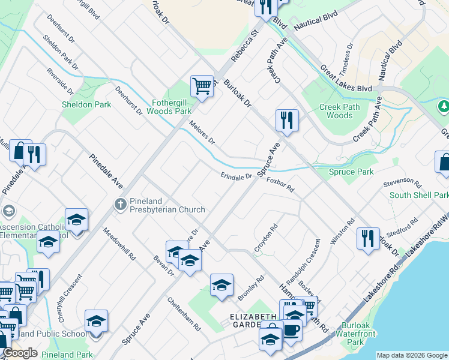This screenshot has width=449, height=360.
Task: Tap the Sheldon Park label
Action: tap(86, 104)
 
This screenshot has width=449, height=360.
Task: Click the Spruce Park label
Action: tap(351, 172)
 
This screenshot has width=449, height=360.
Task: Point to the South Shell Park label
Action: tap(419, 196)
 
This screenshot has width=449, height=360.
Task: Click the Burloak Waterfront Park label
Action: tap(356, 334)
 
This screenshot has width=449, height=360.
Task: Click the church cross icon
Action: tap(120, 205)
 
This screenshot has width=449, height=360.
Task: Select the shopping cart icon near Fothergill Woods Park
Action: tap(202, 86)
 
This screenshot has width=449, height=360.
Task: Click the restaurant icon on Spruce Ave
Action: tap(287, 120)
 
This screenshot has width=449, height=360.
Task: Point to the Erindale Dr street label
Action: tap(236, 176)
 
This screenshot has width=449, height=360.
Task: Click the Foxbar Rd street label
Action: tap(280, 184)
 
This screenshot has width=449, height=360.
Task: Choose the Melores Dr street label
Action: tap(202, 133)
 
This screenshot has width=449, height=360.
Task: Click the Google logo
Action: tap(20, 353)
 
